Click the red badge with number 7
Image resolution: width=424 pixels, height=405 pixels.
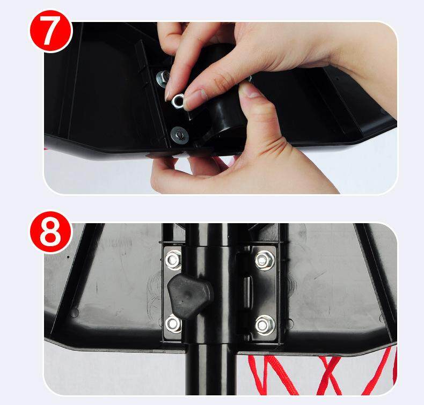pos(51,31)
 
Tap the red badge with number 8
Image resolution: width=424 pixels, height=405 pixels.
pos(51,232)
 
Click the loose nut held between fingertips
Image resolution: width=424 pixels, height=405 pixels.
pos(178,101)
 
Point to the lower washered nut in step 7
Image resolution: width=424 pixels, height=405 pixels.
pos(179,134)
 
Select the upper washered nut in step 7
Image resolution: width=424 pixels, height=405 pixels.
pos(163,78)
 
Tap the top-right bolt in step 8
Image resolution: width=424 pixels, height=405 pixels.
pos(265,260)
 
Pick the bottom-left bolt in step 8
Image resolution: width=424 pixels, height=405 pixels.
pos(173,323)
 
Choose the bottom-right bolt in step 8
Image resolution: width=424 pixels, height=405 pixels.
pos(265,325)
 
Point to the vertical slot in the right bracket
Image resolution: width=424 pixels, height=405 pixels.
pos(247,292)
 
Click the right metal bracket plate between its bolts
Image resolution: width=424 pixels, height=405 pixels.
pos(264,292)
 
